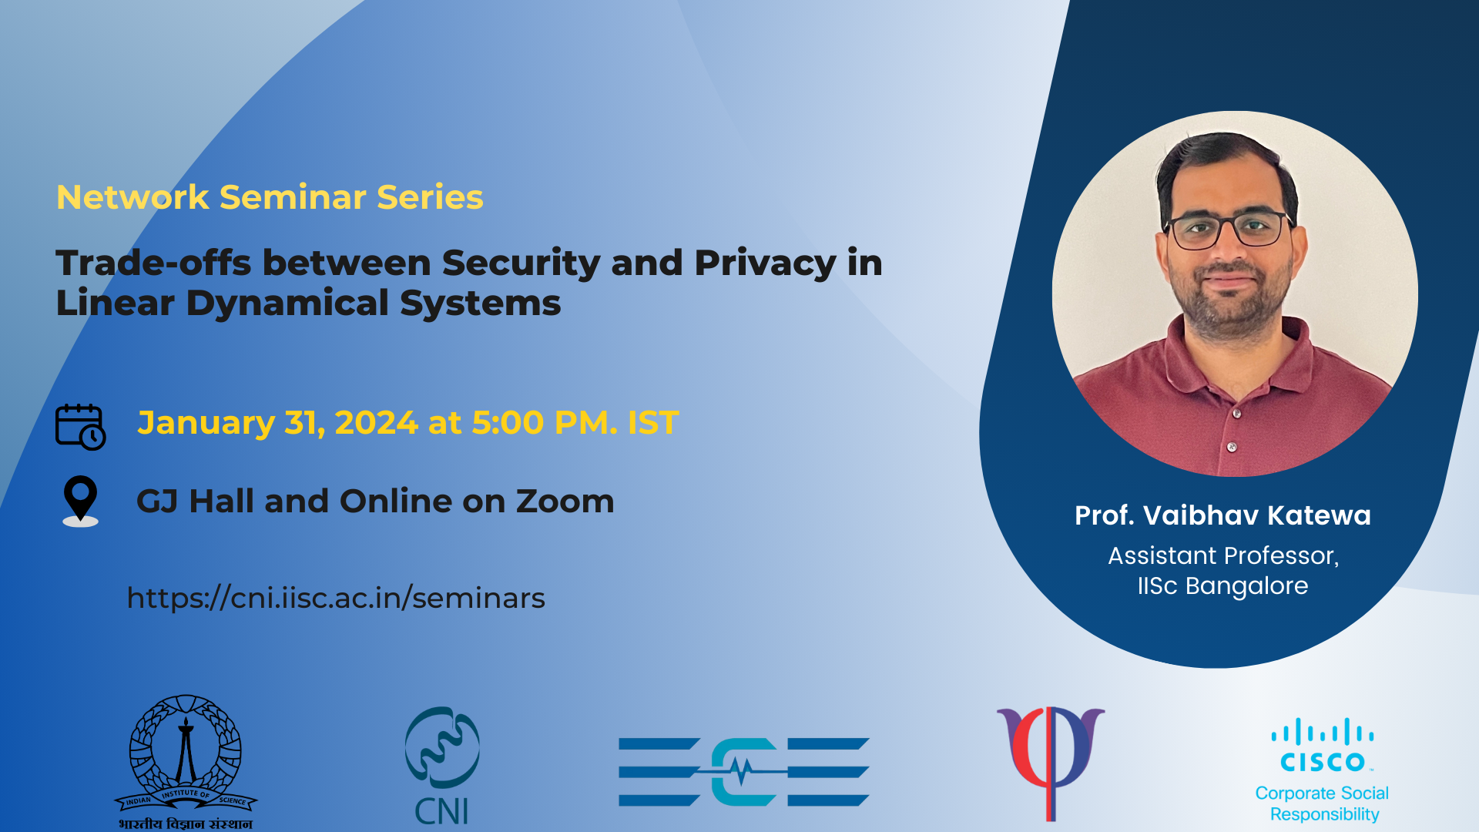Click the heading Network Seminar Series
270,197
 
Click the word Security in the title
521,263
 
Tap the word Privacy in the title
764,263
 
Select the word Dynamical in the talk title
287,303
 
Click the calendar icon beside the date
80,426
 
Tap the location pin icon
80,500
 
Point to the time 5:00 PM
543,423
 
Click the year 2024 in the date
376,423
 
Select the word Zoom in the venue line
565,502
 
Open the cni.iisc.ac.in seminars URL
336,598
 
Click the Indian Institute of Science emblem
186,759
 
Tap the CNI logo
442,764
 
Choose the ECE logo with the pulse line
743,771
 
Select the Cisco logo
1322,746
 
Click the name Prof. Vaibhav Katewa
1222,515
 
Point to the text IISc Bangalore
1222,586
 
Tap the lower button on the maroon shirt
1232,447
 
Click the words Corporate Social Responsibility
1323,803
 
